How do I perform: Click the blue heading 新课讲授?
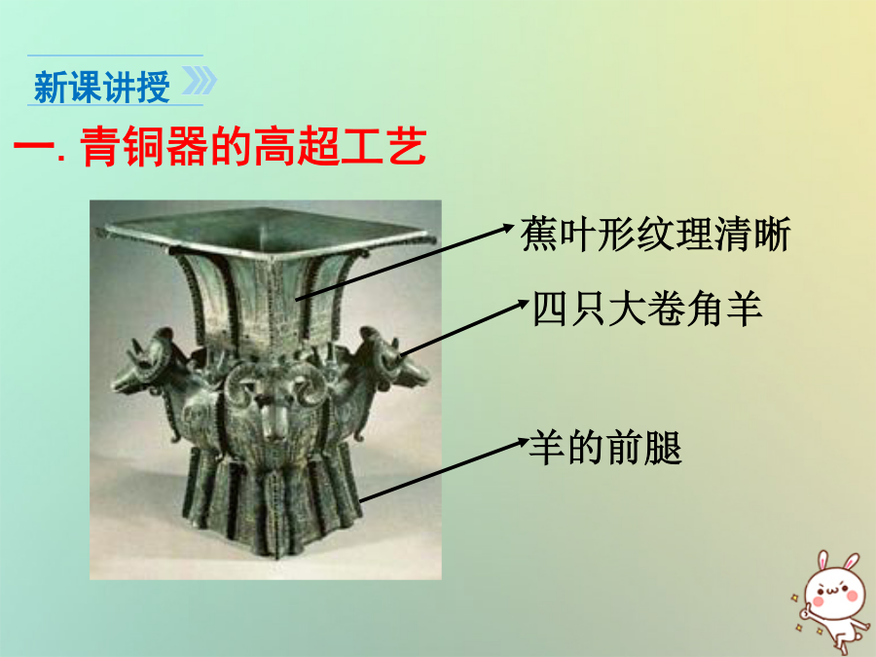click(101, 87)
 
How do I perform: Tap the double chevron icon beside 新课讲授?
click(200, 82)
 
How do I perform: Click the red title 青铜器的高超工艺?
click(254, 146)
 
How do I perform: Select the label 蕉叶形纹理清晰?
click(655, 234)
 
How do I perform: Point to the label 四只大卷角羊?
click(647, 308)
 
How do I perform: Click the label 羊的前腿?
click(605, 447)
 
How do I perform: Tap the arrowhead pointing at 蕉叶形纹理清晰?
click(507, 227)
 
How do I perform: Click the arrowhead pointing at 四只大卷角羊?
click(522, 304)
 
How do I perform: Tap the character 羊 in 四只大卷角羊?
click(744, 308)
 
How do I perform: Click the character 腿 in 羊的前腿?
click(663, 447)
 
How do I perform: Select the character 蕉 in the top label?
click(539, 234)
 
